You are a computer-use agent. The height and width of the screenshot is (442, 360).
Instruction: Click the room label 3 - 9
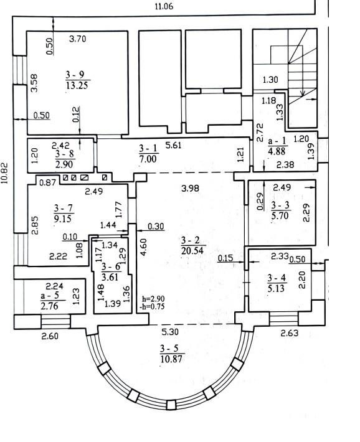click(75, 75)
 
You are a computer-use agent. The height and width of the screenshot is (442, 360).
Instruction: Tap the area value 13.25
click(77, 85)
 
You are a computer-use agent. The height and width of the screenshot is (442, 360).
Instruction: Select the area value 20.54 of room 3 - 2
click(192, 250)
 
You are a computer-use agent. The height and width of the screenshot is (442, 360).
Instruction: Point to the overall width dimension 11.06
click(164, 6)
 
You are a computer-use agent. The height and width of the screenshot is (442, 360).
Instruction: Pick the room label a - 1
click(277, 141)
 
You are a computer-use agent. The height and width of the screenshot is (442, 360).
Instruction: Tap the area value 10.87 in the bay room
click(171, 359)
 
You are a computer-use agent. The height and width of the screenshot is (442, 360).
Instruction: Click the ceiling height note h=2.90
click(153, 299)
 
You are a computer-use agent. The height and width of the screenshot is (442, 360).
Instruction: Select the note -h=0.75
click(152, 307)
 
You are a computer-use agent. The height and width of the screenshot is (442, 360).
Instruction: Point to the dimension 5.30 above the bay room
click(170, 332)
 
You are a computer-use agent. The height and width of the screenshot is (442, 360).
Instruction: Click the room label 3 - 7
click(63, 209)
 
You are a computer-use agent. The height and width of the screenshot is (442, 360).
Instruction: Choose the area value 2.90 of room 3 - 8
click(64, 164)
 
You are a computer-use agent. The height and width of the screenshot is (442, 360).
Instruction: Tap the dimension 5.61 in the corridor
click(173, 145)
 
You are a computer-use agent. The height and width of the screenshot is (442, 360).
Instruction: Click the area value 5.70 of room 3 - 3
click(280, 216)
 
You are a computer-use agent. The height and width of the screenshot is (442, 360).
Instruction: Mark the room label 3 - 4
click(277, 278)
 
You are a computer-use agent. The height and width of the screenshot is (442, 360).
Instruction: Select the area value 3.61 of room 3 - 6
click(110, 277)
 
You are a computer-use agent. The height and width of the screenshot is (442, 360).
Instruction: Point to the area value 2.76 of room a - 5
click(49, 306)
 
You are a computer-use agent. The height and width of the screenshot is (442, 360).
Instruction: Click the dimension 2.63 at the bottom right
click(290, 333)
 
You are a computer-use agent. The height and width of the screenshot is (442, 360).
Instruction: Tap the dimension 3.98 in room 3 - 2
click(191, 188)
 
